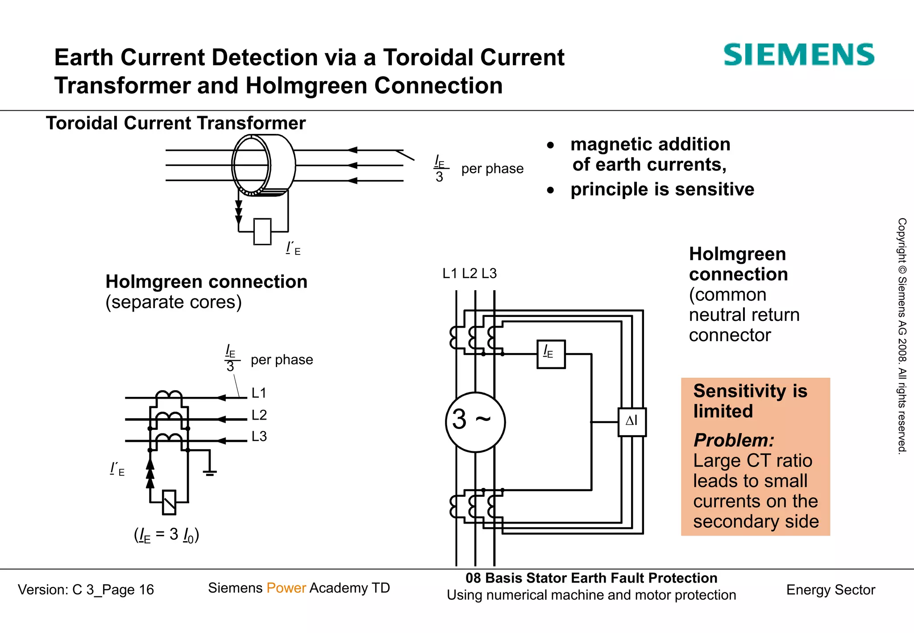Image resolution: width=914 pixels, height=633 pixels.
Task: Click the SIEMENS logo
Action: (798, 55)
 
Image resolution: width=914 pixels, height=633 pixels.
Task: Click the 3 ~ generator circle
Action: (475, 421)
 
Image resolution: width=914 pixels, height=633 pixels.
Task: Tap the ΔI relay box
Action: (631, 421)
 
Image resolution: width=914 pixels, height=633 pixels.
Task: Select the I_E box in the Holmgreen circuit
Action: (551, 354)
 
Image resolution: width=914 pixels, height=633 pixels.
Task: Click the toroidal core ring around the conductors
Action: (251, 165)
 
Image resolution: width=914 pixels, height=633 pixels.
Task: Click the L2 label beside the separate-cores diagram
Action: (259, 415)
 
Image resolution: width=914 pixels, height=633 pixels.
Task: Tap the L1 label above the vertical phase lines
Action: (450, 273)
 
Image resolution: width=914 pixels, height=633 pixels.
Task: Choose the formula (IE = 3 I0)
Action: (166, 534)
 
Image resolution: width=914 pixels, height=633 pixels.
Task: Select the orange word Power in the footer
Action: (286, 588)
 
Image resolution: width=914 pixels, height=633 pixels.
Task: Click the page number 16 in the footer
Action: (146, 590)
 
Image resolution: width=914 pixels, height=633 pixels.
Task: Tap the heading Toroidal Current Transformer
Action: (176, 123)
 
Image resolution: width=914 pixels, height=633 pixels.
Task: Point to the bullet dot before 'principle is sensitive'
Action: (550, 190)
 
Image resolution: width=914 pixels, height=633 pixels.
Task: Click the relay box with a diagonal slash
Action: (169, 502)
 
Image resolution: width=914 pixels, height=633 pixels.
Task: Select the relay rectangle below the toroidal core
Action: (262, 231)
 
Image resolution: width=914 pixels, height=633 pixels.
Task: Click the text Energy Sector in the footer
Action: (831, 590)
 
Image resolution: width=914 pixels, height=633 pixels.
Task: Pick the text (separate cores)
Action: (174, 302)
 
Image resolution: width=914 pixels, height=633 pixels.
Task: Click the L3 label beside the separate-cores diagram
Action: (259, 436)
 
